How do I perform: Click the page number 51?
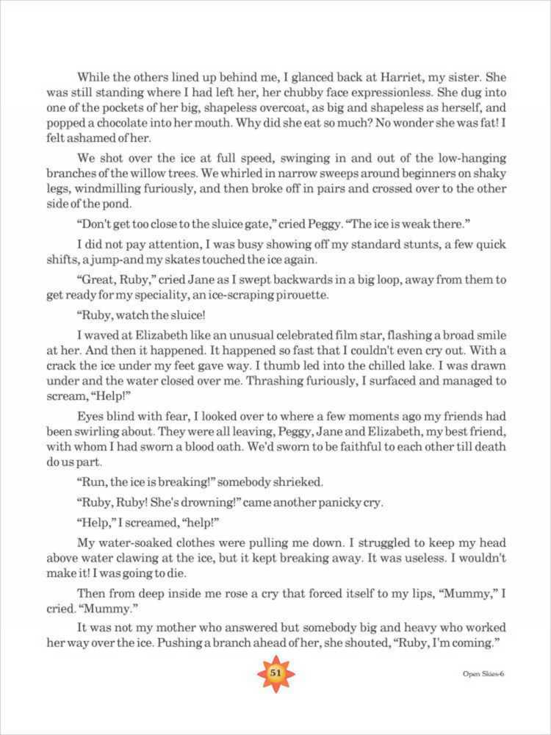click(x=275, y=674)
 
